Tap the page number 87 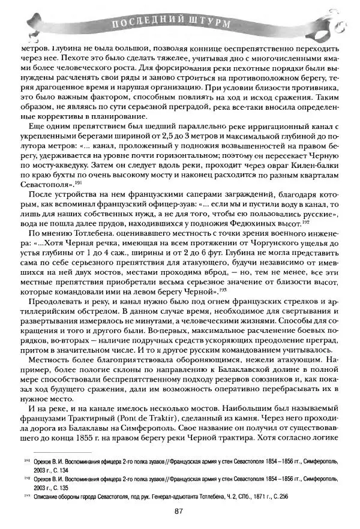[x=178, y=511]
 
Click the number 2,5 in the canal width [x=169, y=127]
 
